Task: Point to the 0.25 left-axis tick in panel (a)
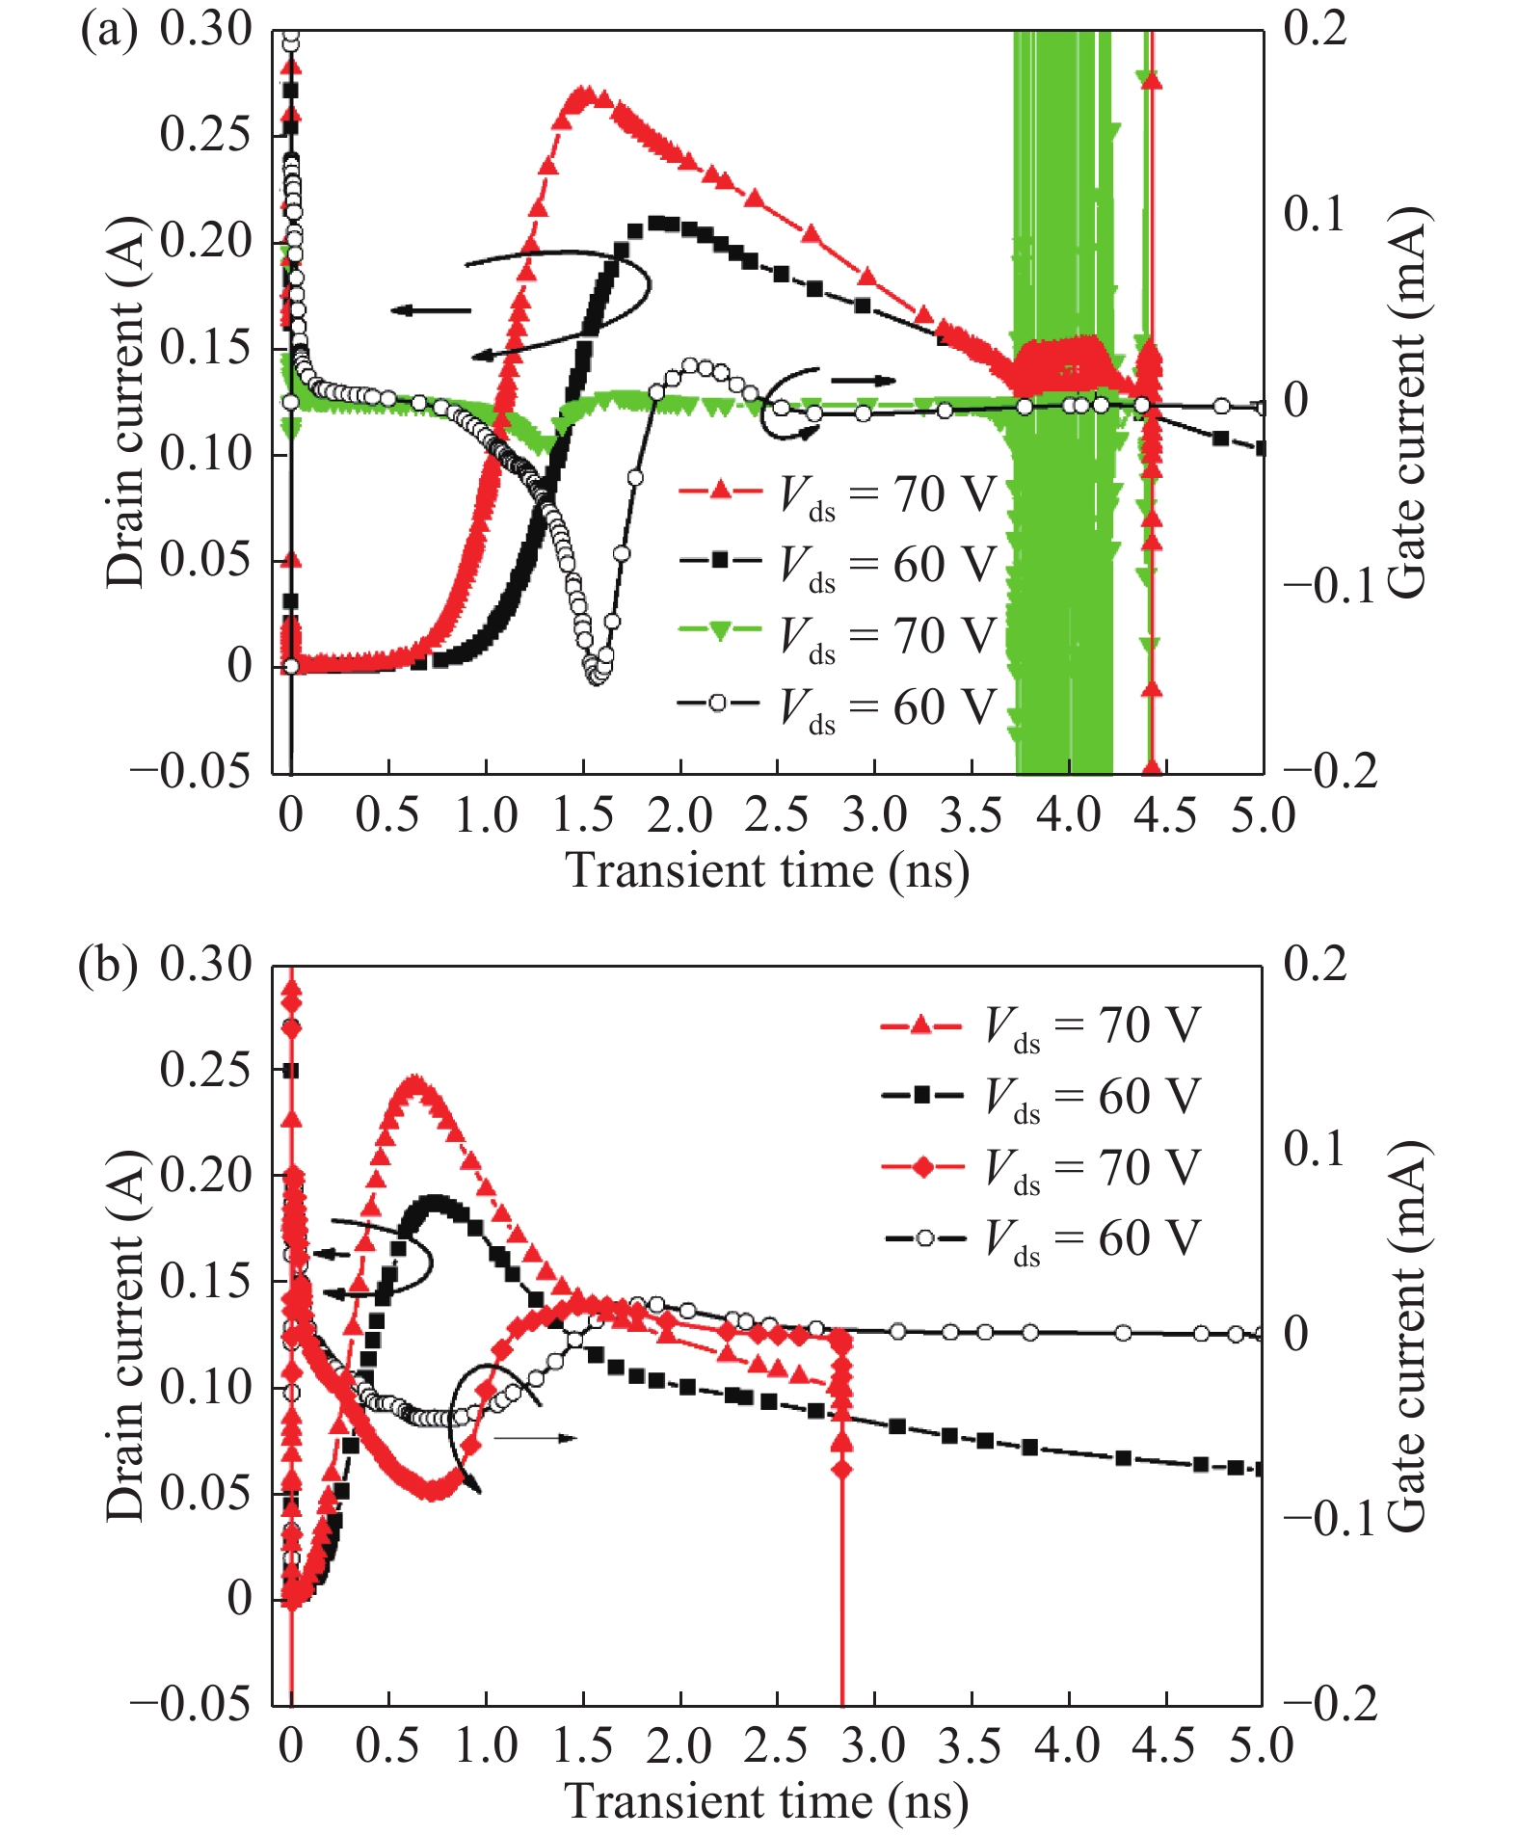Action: pos(205,134)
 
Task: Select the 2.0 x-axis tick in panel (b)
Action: pos(679,1746)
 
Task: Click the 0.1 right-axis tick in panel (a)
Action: pos(1313,214)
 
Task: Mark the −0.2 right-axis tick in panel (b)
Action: pos(1330,1705)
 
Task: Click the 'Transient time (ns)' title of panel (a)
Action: pos(766,870)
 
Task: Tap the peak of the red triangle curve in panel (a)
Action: pos(584,94)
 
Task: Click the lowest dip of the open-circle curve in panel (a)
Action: pos(597,677)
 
